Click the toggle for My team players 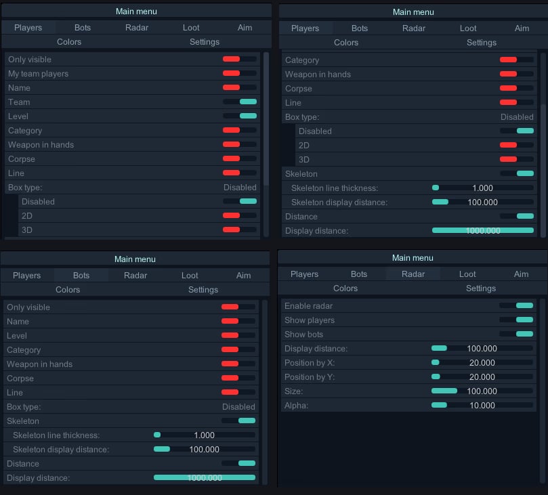239,73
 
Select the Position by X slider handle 436,362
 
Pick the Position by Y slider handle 436,376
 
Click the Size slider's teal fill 444,391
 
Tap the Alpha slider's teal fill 440,405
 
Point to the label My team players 38,74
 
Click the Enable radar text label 308,306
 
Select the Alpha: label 296,406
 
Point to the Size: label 293,391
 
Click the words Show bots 303,335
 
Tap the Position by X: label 310,363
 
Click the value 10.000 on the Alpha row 482,406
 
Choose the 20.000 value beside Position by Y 482,377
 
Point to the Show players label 310,320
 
